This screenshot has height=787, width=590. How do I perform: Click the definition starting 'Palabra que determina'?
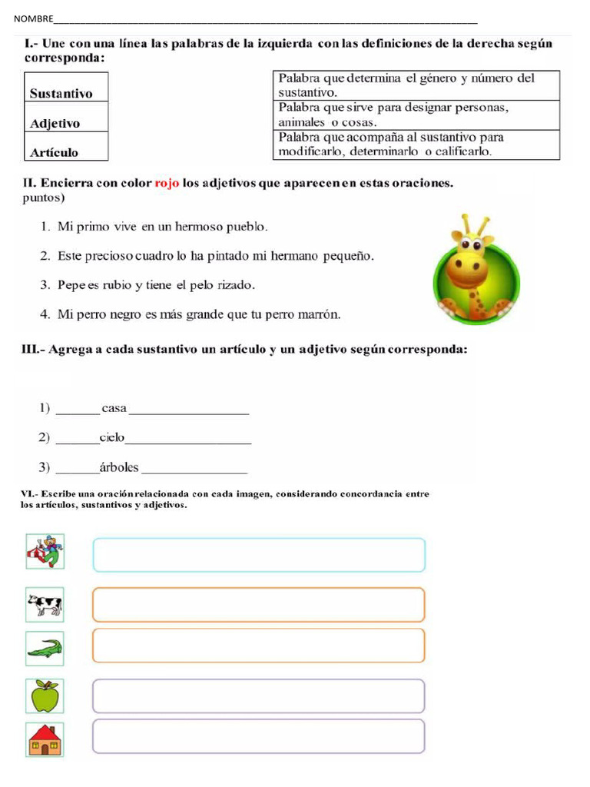click(x=416, y=85)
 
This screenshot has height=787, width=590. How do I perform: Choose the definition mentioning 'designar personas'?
click(x=416, y=115)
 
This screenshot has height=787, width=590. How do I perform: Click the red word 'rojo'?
click(x=167, y=184)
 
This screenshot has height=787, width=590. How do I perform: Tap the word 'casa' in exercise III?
click(x=114, y=408)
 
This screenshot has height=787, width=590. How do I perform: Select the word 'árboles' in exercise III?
click(x=119, y=467)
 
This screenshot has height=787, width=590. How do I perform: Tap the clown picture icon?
click(x=45, y=551)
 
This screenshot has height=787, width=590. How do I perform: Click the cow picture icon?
click(x=45, y=604)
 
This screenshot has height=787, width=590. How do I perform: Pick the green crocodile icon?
click(x=45, y=649)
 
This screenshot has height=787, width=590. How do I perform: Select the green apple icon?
click(x=45, y=696)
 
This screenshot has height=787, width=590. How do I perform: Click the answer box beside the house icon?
click(x=258, y=736)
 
